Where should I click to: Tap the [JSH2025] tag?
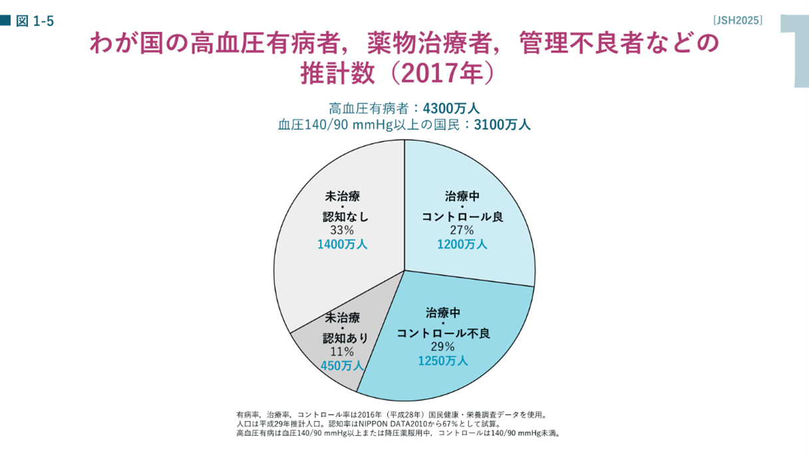pos(737,20)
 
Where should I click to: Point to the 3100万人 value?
pos(502,124)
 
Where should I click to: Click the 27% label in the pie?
pos(462,230)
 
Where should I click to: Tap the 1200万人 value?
pos(462,244)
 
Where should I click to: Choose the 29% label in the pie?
pos(442,347)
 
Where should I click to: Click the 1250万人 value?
pos(442,361)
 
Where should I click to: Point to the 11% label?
pos(342,352)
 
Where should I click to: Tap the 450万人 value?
pos(342,366)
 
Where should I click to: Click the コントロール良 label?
pos(462,217)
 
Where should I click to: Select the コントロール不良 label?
pos(443,333)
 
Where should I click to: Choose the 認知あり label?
pos(345,339)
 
